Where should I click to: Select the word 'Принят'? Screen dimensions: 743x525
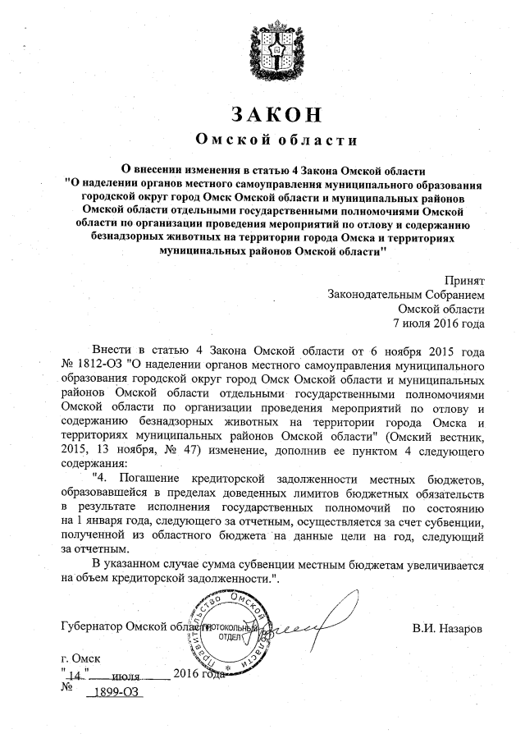click(x=464, y=280)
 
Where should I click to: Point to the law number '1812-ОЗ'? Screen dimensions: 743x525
click(x=97, y=362)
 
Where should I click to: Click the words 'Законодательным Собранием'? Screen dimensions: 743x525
click(x=406, y=294)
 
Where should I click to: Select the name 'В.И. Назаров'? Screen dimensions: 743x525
click(x=447, y=628)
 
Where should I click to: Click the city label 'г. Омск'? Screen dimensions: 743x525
click(x=80, y=659)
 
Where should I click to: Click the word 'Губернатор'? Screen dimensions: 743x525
click(x=92, y=628)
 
